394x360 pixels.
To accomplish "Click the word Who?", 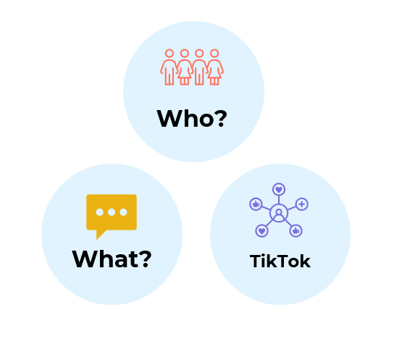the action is (192, 118).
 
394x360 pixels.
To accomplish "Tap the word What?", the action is (112, 259).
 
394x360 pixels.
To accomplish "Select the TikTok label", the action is (280, 261).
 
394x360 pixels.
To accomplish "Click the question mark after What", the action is (146, 259).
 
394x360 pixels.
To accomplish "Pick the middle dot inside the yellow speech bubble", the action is (112, 212).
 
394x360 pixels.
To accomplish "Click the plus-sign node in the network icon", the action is (302, 204).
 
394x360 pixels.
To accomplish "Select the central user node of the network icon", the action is (279, 213).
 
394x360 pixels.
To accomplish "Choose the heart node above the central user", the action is (279, 189).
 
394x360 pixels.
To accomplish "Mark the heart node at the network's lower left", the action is (262, 230).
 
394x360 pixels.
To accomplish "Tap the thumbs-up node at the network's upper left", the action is (256, 204).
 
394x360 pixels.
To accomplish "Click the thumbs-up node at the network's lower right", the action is (295, 230).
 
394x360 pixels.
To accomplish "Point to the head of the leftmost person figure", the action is (169, 54).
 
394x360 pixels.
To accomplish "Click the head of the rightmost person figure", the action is (214, 54).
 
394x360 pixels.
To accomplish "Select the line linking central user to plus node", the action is (292, 208).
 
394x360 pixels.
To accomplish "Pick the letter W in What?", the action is (84, 259).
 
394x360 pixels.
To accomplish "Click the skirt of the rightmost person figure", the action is (214, 73).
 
